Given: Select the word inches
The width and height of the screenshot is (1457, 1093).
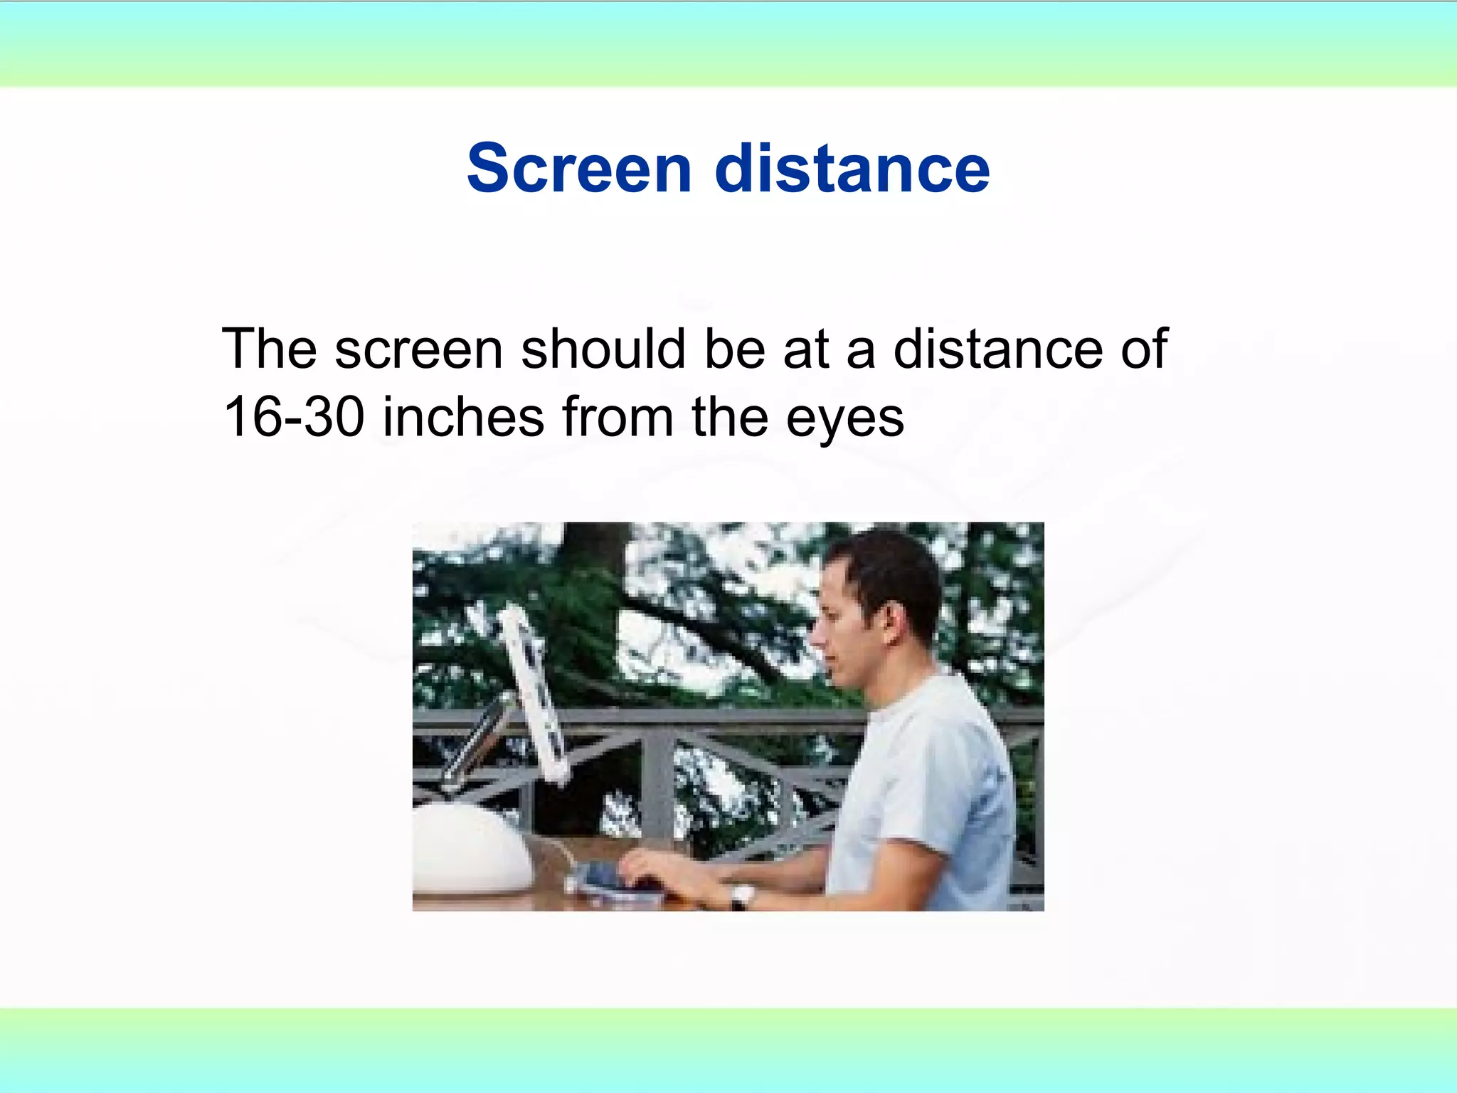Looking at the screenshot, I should (463, 417).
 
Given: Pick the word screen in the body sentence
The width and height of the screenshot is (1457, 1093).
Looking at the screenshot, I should (419, 350).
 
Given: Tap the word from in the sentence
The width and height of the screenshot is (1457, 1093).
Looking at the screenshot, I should (618, 417).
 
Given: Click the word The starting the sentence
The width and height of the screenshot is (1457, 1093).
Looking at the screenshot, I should (269, 349).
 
